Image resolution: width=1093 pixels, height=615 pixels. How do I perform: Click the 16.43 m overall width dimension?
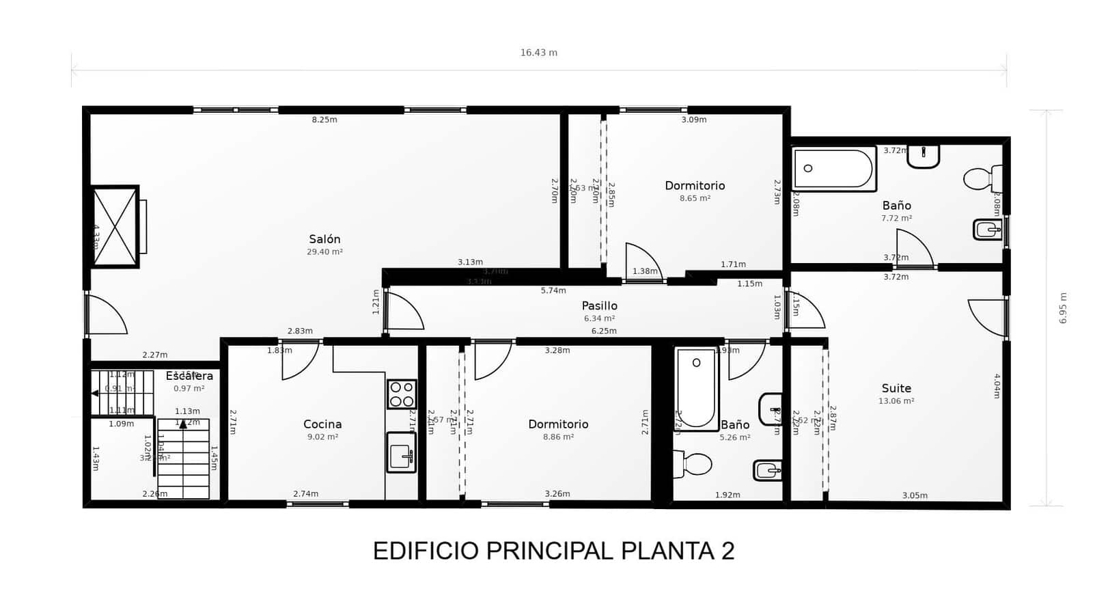pyautogui.click(x=538, y=53)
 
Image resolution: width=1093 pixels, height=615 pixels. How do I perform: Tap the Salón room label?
pyautogui.click(x=324, y=239)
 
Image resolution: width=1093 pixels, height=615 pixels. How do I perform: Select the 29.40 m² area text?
pyautogui.click(x=324, y=252)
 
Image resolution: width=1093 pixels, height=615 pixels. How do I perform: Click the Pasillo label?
pyautogui.click(x=599, y=306)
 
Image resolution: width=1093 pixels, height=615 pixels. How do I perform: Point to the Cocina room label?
pyautogui.click(x=322, y=424)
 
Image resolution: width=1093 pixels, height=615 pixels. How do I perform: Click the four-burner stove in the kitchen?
pyautogui.click(x=402, y=394)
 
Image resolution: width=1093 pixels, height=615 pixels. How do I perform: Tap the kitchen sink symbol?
pyautogui.click(x=401, y=452)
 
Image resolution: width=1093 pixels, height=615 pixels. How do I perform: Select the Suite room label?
pyautogui.click(x=896, y=389)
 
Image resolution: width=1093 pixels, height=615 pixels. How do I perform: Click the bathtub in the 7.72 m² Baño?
pyautogui.click(x=833, y=169)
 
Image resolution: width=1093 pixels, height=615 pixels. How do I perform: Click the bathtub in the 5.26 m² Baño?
pyautogui.click(x=696, y=388)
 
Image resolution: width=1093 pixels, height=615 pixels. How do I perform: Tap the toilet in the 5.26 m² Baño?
pyautogui.click(x=693, y=465)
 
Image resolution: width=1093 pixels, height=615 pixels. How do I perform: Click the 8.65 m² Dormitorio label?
pyautogui.click(x=695, y=186)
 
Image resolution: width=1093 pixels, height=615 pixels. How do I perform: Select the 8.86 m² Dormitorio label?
pyautogui.click(x=558, y=424)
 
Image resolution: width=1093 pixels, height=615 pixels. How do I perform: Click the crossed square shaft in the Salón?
pyautogui.click(x=115, y=226)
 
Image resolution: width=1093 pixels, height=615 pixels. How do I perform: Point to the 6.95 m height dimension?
pyautogui.click(x=1063, y=308)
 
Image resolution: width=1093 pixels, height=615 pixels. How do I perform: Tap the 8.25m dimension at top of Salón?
pyautogui.click(x=324, y=120)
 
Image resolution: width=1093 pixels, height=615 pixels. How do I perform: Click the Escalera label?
pyautogui.click(x=189, y=376)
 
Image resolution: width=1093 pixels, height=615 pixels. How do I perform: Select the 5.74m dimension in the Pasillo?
pyautogui.click(x=553, y=290)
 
